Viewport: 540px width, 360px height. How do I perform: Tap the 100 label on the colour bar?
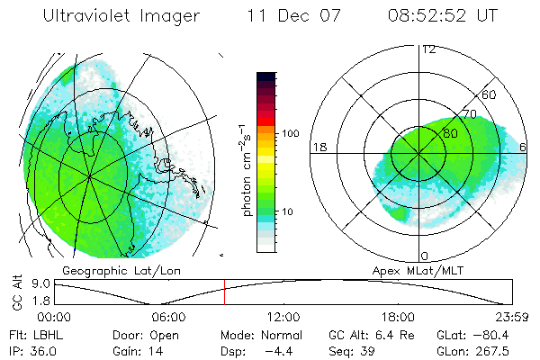click(291, 133)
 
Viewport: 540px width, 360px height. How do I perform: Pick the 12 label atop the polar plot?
click(428, 49)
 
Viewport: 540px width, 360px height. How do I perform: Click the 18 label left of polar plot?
click(318, 147)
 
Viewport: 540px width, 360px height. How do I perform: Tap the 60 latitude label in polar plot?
click(490, 94)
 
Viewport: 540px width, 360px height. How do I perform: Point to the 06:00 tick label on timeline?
click(168, 318)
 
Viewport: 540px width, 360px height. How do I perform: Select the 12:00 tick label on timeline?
click(283, 318)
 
